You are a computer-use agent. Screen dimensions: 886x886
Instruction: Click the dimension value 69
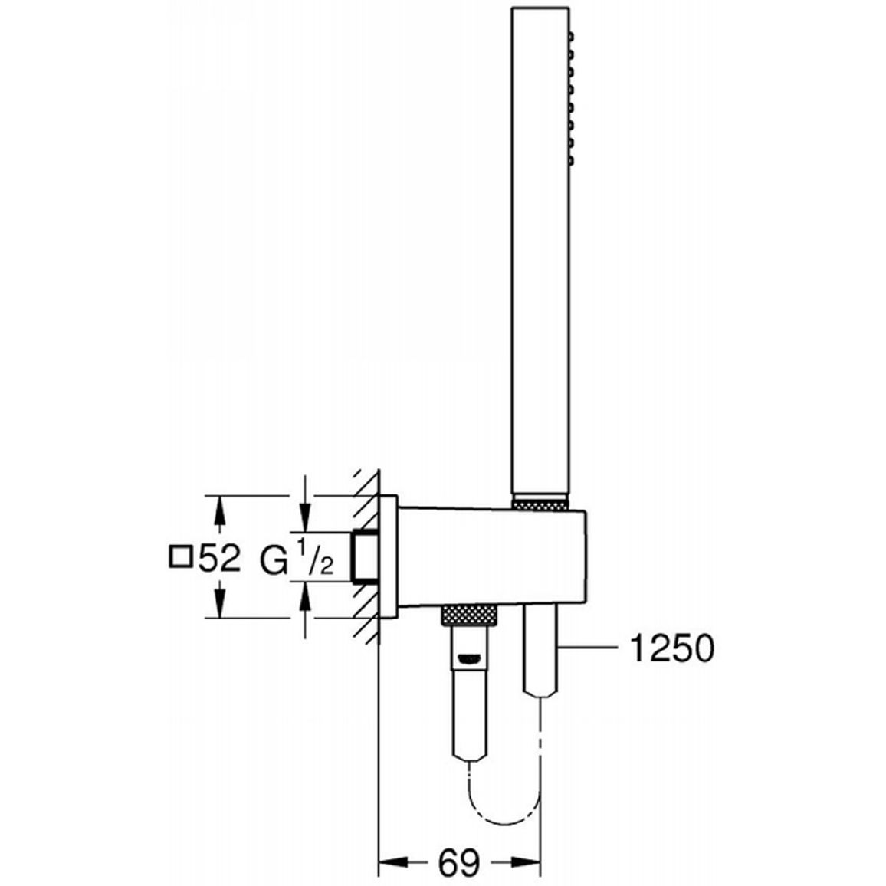tap(458, 862)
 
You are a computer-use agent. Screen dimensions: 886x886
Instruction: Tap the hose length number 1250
tap(672, 648)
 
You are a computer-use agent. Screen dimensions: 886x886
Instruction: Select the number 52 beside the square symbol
tap(220, 559)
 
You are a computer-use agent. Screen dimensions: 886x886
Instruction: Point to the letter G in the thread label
tap(274, 560)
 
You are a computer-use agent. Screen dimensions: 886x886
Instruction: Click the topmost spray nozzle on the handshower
tap(571, 38)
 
